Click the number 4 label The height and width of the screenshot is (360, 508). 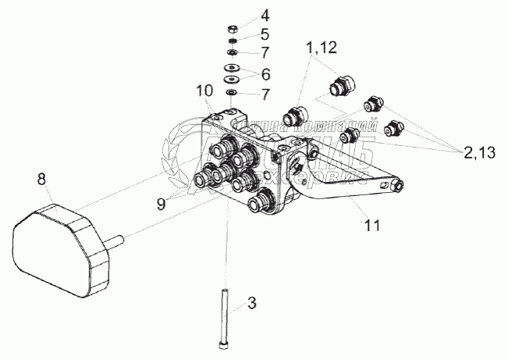266,14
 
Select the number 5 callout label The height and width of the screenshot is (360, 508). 266,34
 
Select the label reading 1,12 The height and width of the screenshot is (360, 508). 321,48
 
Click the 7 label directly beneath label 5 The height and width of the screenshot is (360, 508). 266,53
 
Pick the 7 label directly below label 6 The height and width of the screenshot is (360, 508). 266,95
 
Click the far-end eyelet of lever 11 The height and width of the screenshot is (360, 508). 400,185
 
